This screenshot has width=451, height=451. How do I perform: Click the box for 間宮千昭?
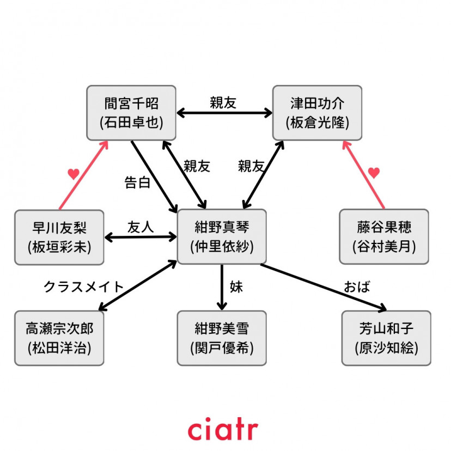point(132,112)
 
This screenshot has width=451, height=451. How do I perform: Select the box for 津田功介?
point(317,112)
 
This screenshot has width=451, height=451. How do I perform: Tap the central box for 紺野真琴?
point(222,236)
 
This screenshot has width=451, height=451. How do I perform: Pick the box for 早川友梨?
point(59,237)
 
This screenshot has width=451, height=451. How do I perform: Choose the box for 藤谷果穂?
point(384,237)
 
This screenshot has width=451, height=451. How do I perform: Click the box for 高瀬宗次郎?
point(59,338)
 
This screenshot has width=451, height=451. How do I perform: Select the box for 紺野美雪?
point(222,338)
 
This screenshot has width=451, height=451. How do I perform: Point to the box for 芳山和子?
point(386,338)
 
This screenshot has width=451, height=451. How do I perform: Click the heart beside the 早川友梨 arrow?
point(74,174)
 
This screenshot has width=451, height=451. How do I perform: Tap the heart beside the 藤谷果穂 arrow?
point(373,173)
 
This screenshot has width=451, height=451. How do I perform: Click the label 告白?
point(138,182)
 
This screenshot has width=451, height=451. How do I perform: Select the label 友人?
point(141,226)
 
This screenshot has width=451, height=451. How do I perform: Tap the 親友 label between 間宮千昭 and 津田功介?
point(223,102)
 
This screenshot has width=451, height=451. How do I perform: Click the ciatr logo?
point(223,429)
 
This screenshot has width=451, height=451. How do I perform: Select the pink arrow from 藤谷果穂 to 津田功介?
point(363,174)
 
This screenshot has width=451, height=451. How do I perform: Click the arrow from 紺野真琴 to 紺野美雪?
point(222,287)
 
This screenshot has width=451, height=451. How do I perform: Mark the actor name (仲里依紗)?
point(222,246)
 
